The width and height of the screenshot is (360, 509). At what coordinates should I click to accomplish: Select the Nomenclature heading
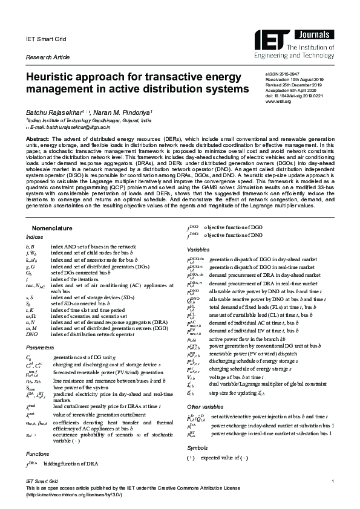pyautogui.click(x=52, y=228)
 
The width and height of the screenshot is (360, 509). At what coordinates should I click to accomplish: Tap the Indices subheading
pyautogui.click(x=34, y=237)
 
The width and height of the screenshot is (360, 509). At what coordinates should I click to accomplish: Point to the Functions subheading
pyautogui.click(x=38, y=452)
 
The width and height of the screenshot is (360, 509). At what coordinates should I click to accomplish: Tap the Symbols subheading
pyautogui.click(x=197, y=448)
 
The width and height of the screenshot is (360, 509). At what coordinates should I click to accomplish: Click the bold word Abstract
pyautogui.click(x=38, y=138)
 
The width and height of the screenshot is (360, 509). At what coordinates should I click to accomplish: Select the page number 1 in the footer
pyautogui.click(x=333, y=481)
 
